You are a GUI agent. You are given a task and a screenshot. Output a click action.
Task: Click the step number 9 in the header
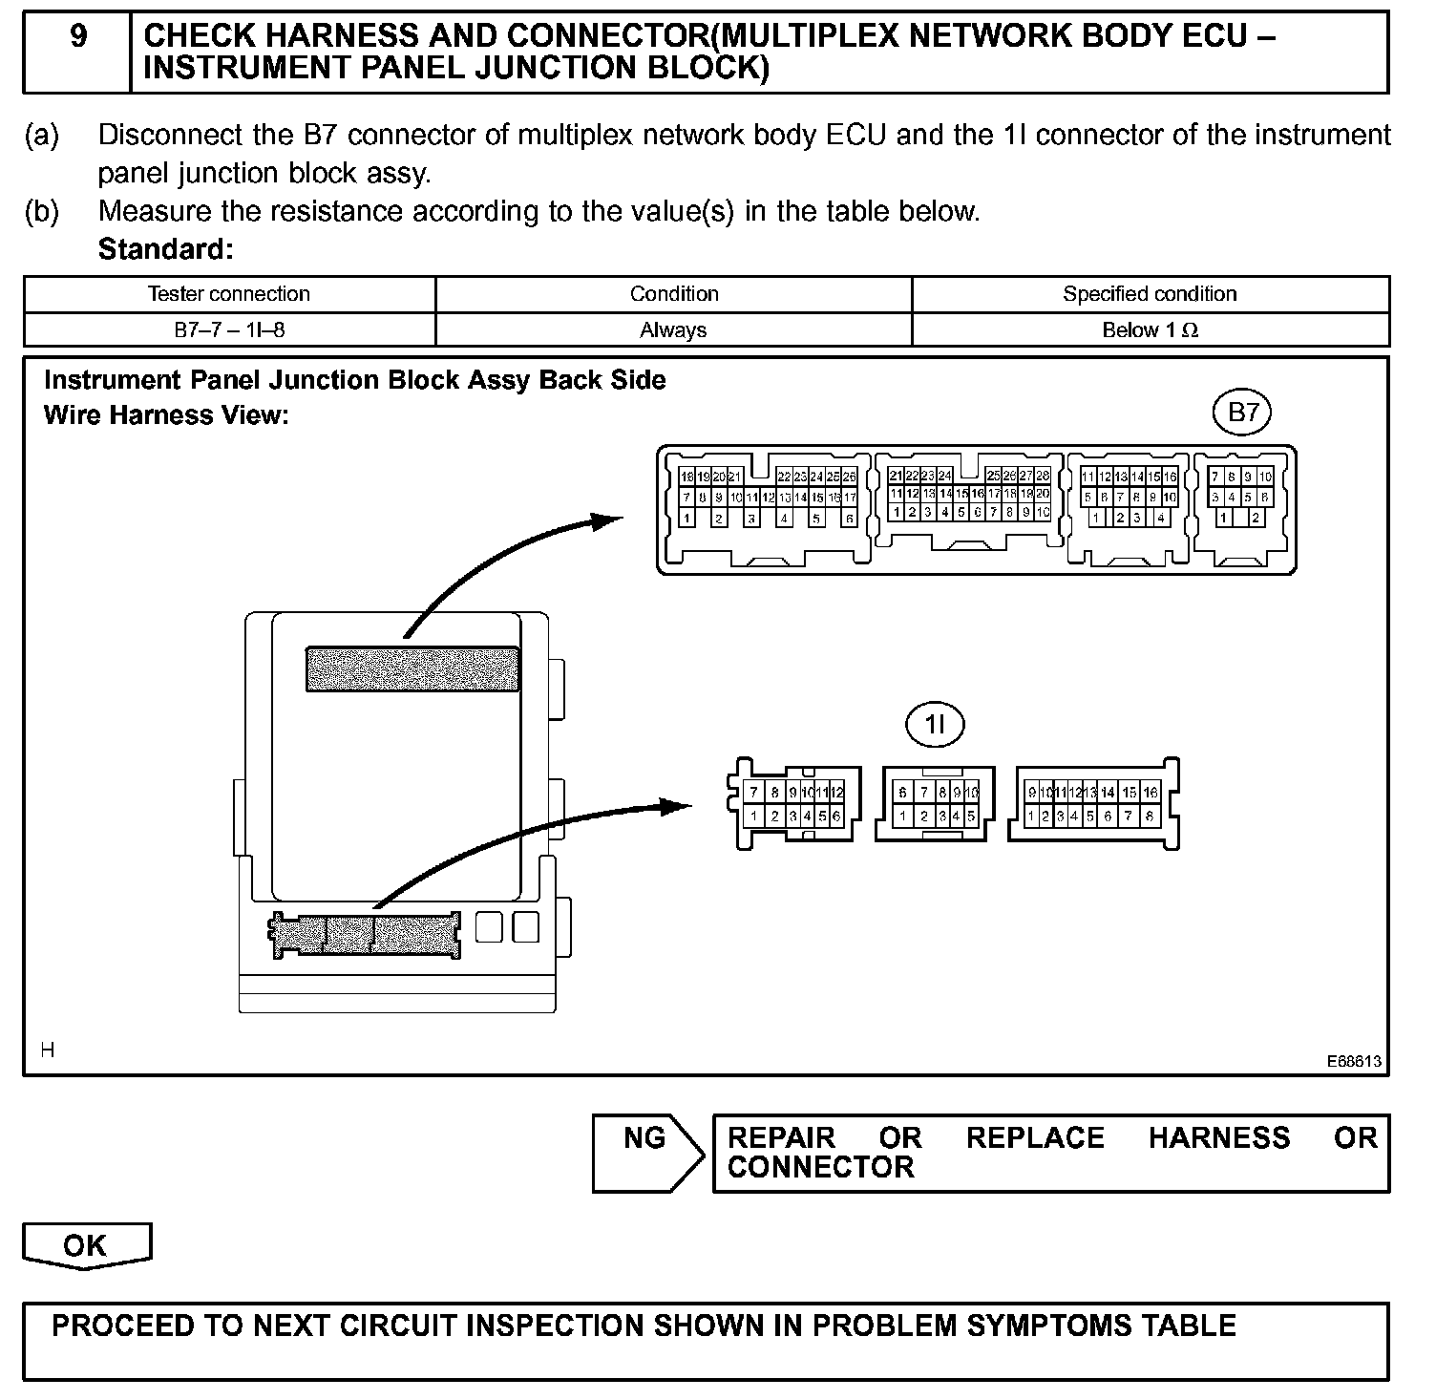(78, 36)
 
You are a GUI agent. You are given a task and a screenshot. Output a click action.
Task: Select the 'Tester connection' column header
(229, 294)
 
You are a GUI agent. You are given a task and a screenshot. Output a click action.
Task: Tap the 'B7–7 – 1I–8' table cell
(229, 330)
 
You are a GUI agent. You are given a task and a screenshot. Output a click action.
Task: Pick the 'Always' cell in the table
(673, 330)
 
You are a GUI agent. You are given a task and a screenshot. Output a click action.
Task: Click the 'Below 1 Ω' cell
(1150, 330)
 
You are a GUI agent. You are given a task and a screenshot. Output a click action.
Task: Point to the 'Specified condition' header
(1150, 294)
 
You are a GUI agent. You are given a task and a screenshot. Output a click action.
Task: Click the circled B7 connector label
(1242, 414)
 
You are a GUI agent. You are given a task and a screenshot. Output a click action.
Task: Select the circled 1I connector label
(935, 726)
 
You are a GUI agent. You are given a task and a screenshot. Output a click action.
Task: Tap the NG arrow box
(647, 1153)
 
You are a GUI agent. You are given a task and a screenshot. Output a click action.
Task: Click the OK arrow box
(86, 1245)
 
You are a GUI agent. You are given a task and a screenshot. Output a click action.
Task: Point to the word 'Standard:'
(165, 249)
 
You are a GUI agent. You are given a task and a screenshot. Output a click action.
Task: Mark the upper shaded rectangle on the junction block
(412, 668)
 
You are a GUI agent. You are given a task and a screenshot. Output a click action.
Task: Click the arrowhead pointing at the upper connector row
(607, 520)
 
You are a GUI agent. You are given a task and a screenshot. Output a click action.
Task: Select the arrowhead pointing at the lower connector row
(677, 806)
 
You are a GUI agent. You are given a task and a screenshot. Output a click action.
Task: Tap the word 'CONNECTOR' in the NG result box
(820, 1167)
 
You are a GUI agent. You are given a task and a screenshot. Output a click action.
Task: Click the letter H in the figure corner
(48, 1050)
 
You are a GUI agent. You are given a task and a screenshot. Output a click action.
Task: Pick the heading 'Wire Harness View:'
(166, 415)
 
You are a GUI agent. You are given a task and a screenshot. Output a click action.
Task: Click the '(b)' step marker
(42, 211)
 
